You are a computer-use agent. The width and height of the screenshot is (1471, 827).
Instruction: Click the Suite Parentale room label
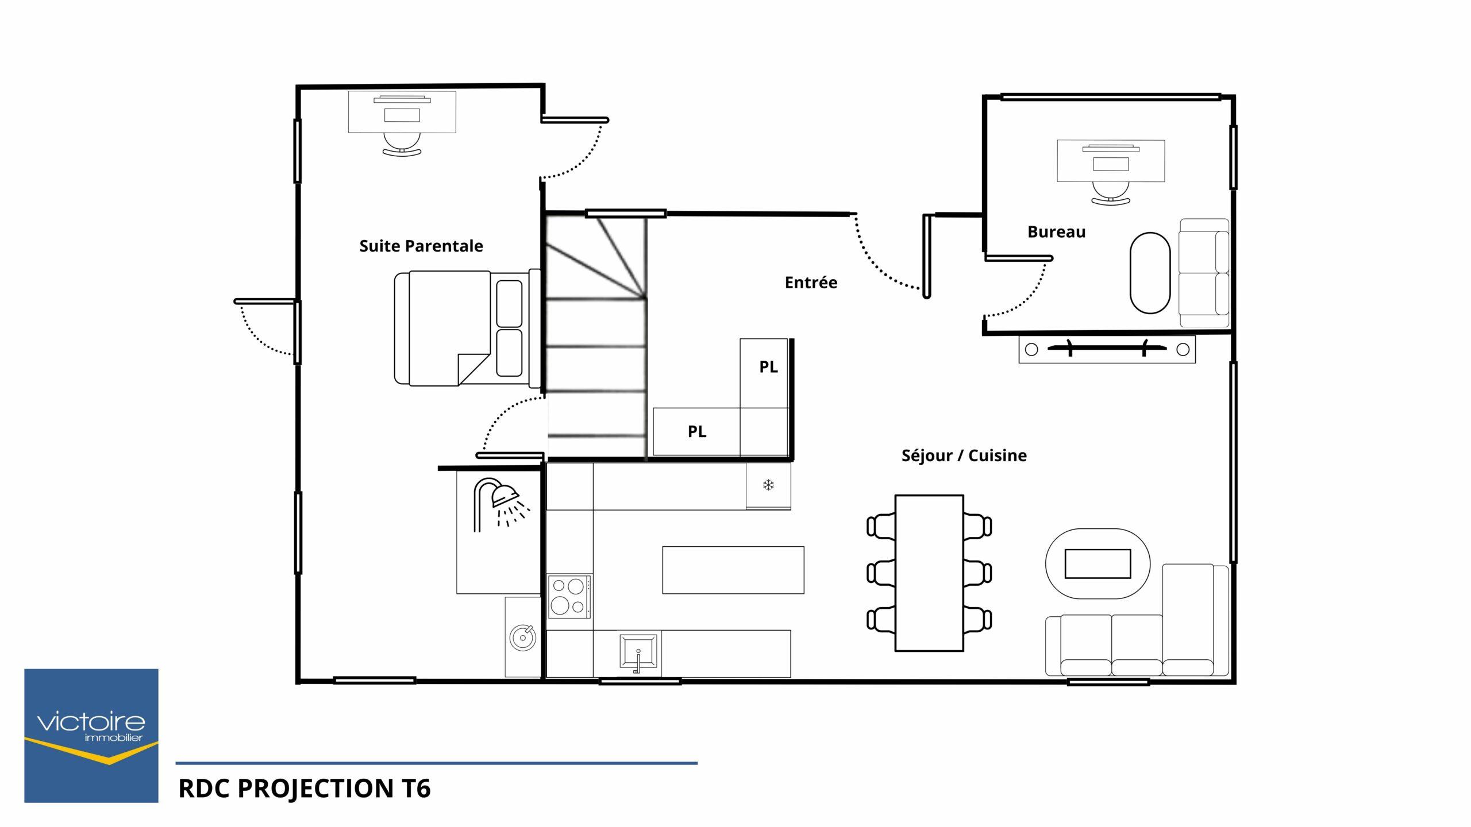421,246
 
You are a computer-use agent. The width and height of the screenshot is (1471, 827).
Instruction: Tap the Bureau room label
1057,232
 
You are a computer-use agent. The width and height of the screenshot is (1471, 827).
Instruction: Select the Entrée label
811,282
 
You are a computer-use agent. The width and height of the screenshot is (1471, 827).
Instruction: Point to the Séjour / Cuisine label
964,455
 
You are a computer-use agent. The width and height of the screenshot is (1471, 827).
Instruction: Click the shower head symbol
505,496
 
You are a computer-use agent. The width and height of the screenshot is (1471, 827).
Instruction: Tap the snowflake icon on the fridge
768,485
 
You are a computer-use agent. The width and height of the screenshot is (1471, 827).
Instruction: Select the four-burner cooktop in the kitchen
569,596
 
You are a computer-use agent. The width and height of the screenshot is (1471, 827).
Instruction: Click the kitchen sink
638,651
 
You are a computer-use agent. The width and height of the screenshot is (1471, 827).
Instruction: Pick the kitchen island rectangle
733,570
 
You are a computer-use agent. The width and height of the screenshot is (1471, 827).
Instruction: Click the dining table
929,573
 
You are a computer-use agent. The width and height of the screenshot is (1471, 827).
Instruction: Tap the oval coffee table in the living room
1098,563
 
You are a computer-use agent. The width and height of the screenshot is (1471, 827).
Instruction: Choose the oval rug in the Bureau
1150,273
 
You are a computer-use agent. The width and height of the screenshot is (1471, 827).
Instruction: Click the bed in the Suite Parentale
468,328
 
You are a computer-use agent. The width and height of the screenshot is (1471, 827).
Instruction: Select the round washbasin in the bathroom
523,637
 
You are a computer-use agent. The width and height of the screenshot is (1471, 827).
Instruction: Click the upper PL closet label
768,366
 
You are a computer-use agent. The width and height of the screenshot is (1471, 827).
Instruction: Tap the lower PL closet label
697,431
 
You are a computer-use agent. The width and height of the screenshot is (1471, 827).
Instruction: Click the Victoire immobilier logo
91,736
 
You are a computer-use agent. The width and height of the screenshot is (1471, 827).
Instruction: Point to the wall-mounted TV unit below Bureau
1107,349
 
